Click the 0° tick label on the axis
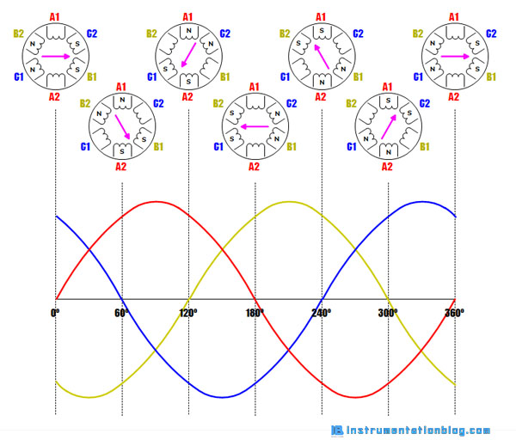[x=55, y=312]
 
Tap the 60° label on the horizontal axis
[x=121, y=312]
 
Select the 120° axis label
[x=188, y=312]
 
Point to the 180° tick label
[x=255, y=312]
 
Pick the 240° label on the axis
[x=322, y=312]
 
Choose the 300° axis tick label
[x=388, y=312]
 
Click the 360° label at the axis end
[x=454, y=312]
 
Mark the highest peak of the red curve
[x=155, y=202]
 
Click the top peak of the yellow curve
[x=288, y=202]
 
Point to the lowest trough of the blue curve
[x=222, y=397]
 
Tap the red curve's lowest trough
[x=354, y=397]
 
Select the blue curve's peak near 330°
[x=421, y=202]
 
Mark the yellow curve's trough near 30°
[x=89, y=397]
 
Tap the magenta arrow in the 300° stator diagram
[x=387, y=126]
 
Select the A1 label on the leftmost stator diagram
[x=55, y=16]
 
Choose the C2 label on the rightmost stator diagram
[x=492, y=34]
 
